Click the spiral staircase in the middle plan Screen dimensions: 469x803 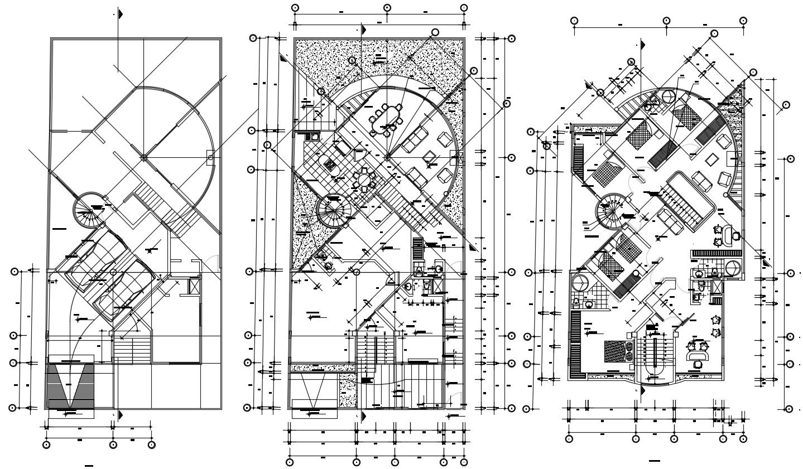pyautogui.click(x=333, y=210)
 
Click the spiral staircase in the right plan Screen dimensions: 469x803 pyautogui.click(x=612, y=212)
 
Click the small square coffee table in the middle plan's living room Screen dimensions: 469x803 pyautogui.click(x=430, y=157)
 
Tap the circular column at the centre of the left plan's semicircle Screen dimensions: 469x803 pyautogui.click(x=143, y=158)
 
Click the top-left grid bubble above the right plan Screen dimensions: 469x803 pyautogui.click(x=574, y=21)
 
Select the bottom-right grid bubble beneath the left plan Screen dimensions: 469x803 pyautogui.click(x=152, y=444)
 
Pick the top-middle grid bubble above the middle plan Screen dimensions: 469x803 pyautogui.click(x=387, y=8)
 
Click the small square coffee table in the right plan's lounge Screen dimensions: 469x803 pyautogui.click(x=711, y=160)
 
